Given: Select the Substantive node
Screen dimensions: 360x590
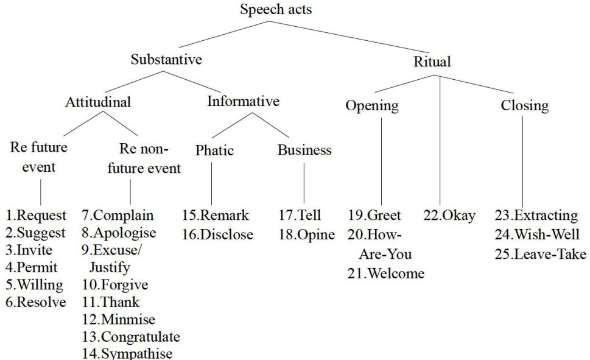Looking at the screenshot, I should (166, 60).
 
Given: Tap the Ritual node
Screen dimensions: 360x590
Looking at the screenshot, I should (432, 62).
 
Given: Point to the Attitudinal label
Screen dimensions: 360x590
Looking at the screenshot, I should (98, 102).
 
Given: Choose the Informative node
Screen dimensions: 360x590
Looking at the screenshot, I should (243, 101).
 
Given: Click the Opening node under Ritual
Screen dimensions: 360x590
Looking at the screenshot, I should (372, 105).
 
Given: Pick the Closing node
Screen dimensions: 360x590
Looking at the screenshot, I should (524, 105).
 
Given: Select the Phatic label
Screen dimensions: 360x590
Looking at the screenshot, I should (214, 150).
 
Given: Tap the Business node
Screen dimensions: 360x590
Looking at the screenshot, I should (304, 150).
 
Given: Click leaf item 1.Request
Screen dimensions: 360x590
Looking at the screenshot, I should (36, 215).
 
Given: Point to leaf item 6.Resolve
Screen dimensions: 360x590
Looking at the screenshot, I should (36, 302).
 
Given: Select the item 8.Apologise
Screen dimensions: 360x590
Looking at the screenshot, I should (119, 233).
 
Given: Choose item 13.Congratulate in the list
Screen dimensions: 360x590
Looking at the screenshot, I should (131, 337).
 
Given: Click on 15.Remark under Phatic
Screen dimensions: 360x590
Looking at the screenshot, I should (215, 215).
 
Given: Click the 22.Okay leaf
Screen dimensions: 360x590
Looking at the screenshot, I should (449, 215).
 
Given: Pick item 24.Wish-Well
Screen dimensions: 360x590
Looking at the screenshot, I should (537, 235).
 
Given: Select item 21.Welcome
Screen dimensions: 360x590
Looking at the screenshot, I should (386, 274).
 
